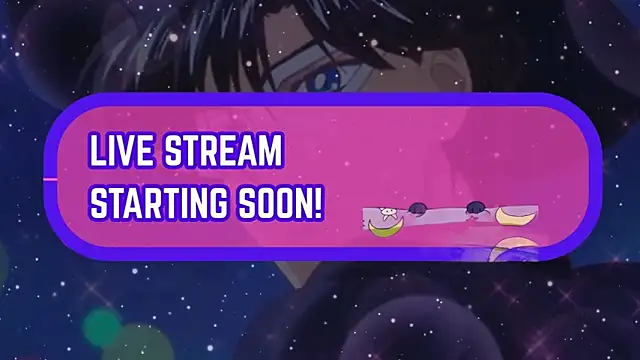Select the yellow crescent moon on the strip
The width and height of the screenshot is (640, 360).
click(516, 215)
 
